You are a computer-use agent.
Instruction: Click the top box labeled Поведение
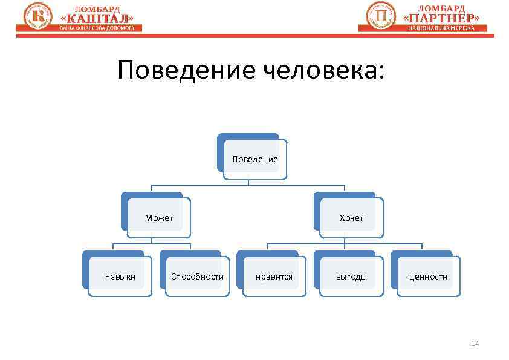pos(254,159)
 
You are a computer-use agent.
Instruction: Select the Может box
pos(159,218)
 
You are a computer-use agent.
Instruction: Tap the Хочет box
pos(351,218)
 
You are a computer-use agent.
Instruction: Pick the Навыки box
pos(120,277)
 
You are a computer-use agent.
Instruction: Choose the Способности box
pos(197,277)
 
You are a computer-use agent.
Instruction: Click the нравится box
pos(274,277)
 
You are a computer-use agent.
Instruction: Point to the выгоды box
pos(351,277)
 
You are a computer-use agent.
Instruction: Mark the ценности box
pos(428,277)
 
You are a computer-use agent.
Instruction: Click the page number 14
pos(475,344)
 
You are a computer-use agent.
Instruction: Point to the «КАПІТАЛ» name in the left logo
pos(96,18)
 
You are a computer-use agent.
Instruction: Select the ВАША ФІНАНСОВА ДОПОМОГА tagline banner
pos(97,28)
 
